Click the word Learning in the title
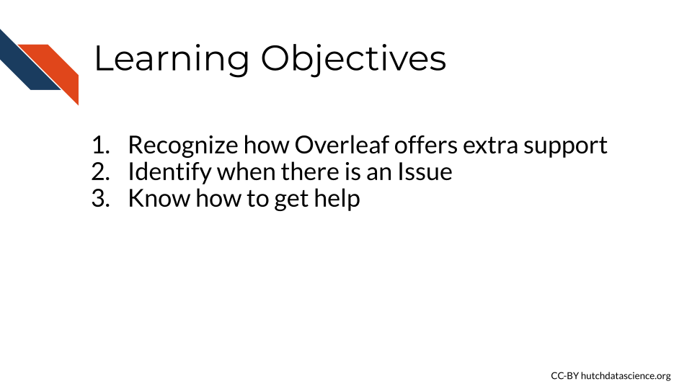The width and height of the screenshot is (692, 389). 172,59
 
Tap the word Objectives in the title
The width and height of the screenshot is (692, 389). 353,59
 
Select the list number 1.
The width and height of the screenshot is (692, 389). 101,145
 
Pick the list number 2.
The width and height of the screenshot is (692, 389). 101,171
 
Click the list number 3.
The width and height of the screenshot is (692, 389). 101,199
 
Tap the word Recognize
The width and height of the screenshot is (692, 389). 182,146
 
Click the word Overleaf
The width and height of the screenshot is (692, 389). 342,145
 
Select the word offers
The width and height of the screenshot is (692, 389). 425,145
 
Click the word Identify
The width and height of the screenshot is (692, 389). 170,172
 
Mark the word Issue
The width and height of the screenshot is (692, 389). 425,171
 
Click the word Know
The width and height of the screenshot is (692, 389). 159,198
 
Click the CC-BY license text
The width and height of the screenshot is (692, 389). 564,376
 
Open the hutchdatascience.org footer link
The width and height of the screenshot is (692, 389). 626,376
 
